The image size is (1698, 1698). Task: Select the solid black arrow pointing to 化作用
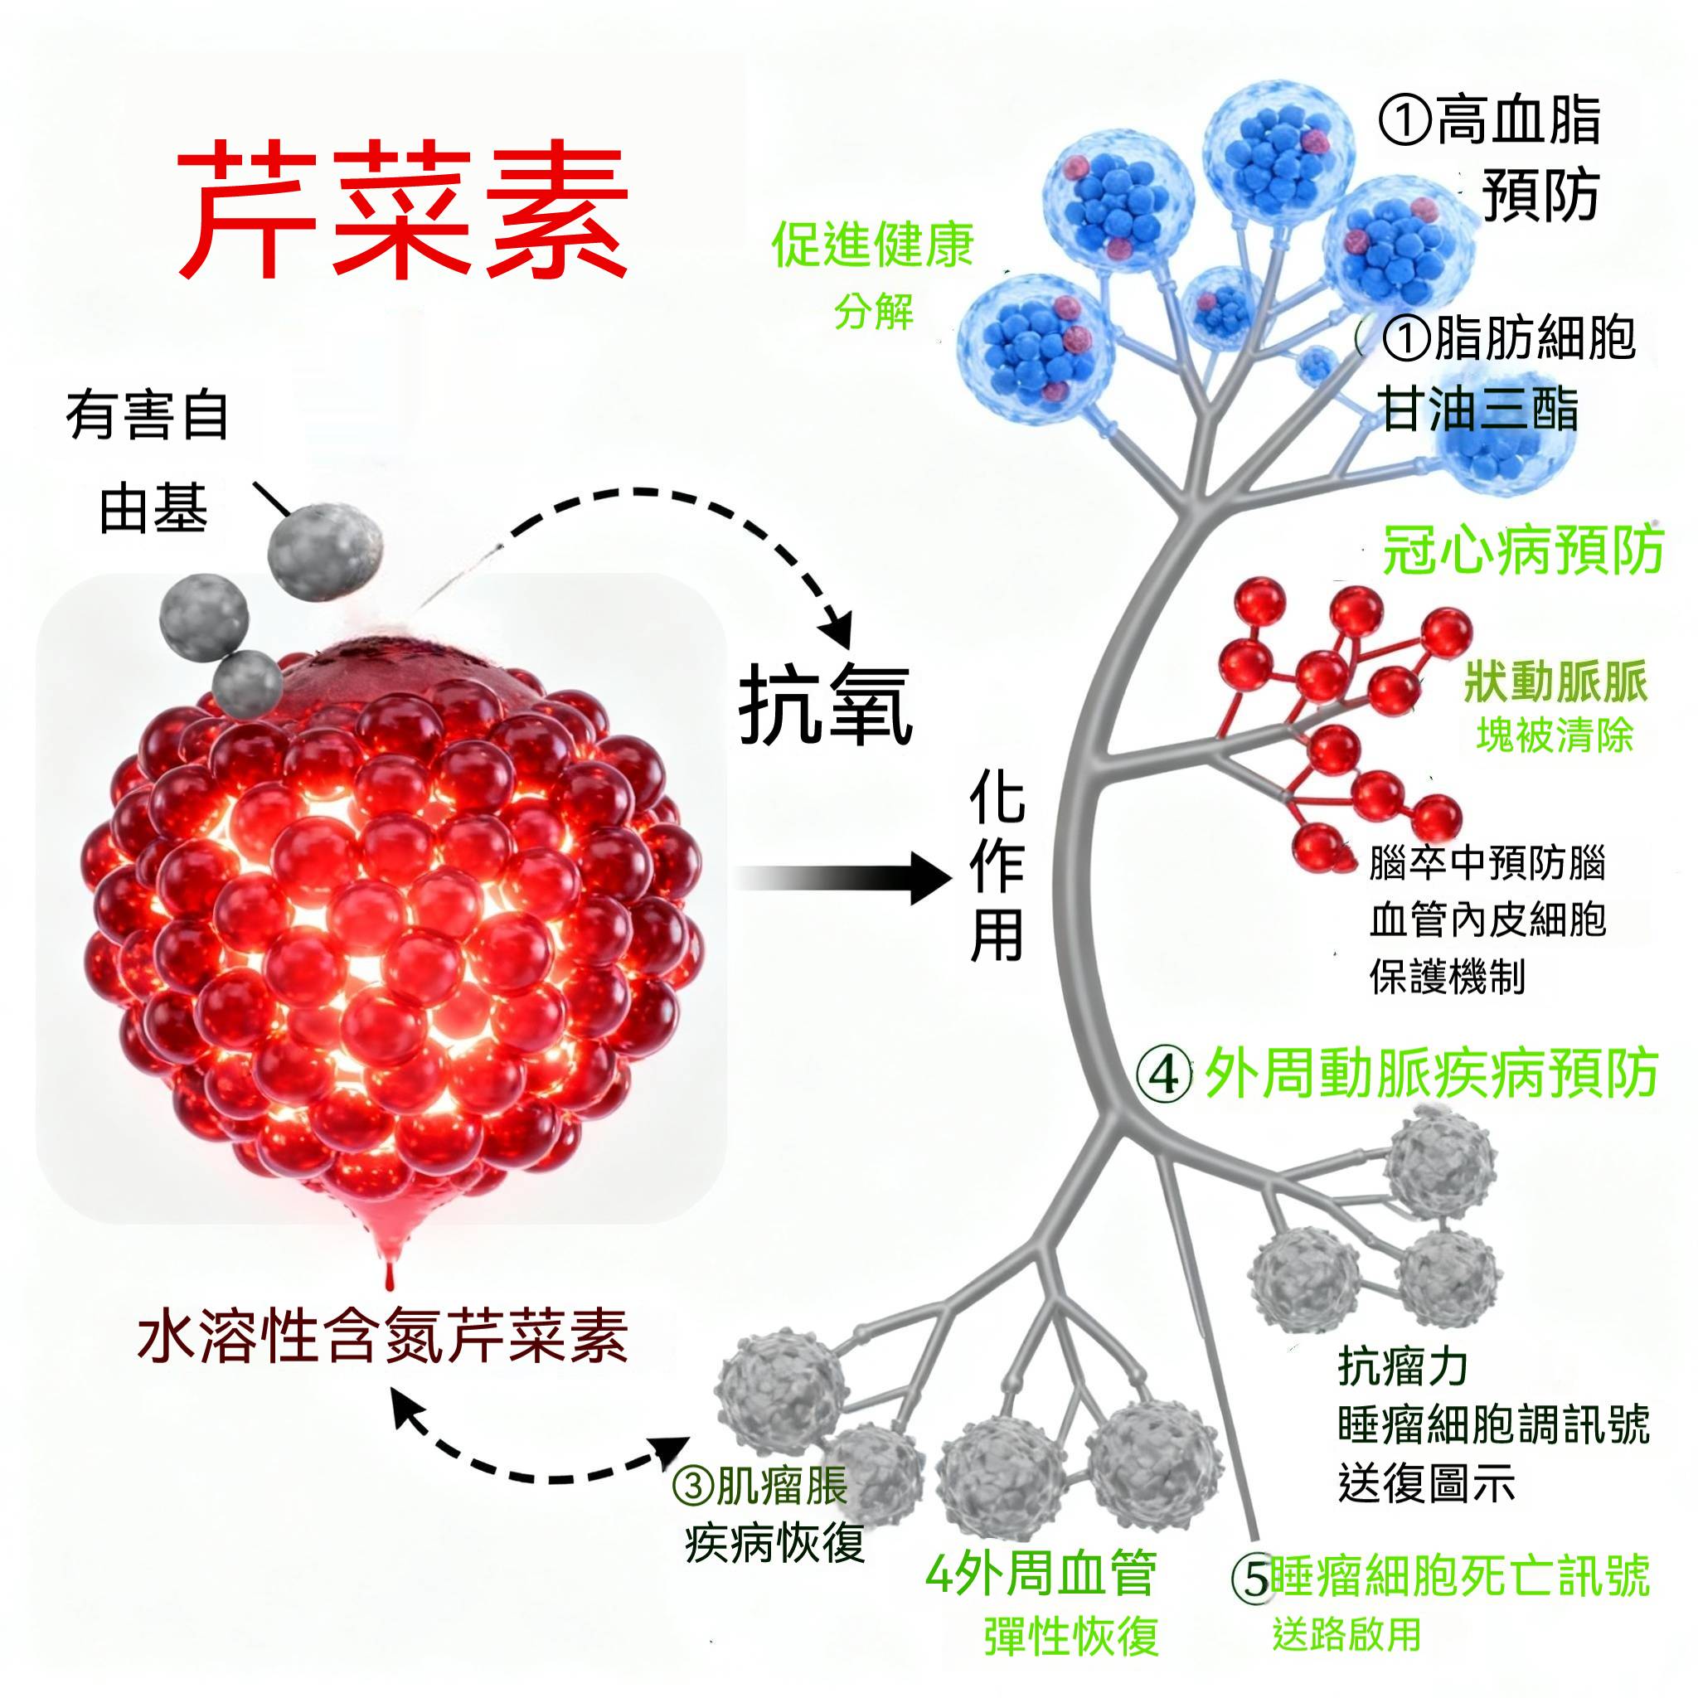coord(844,877)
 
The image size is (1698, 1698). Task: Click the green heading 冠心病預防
coord(1523,551)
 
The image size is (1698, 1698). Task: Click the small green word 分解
coord(874,311)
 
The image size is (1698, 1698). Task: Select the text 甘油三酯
coord(1480,410)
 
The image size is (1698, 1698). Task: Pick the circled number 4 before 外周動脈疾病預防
coord(1165,1074)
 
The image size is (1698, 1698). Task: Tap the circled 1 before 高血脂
coord(1404,121)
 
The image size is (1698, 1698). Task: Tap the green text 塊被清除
coord(1555,735)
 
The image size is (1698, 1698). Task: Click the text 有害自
coord(148,415)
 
